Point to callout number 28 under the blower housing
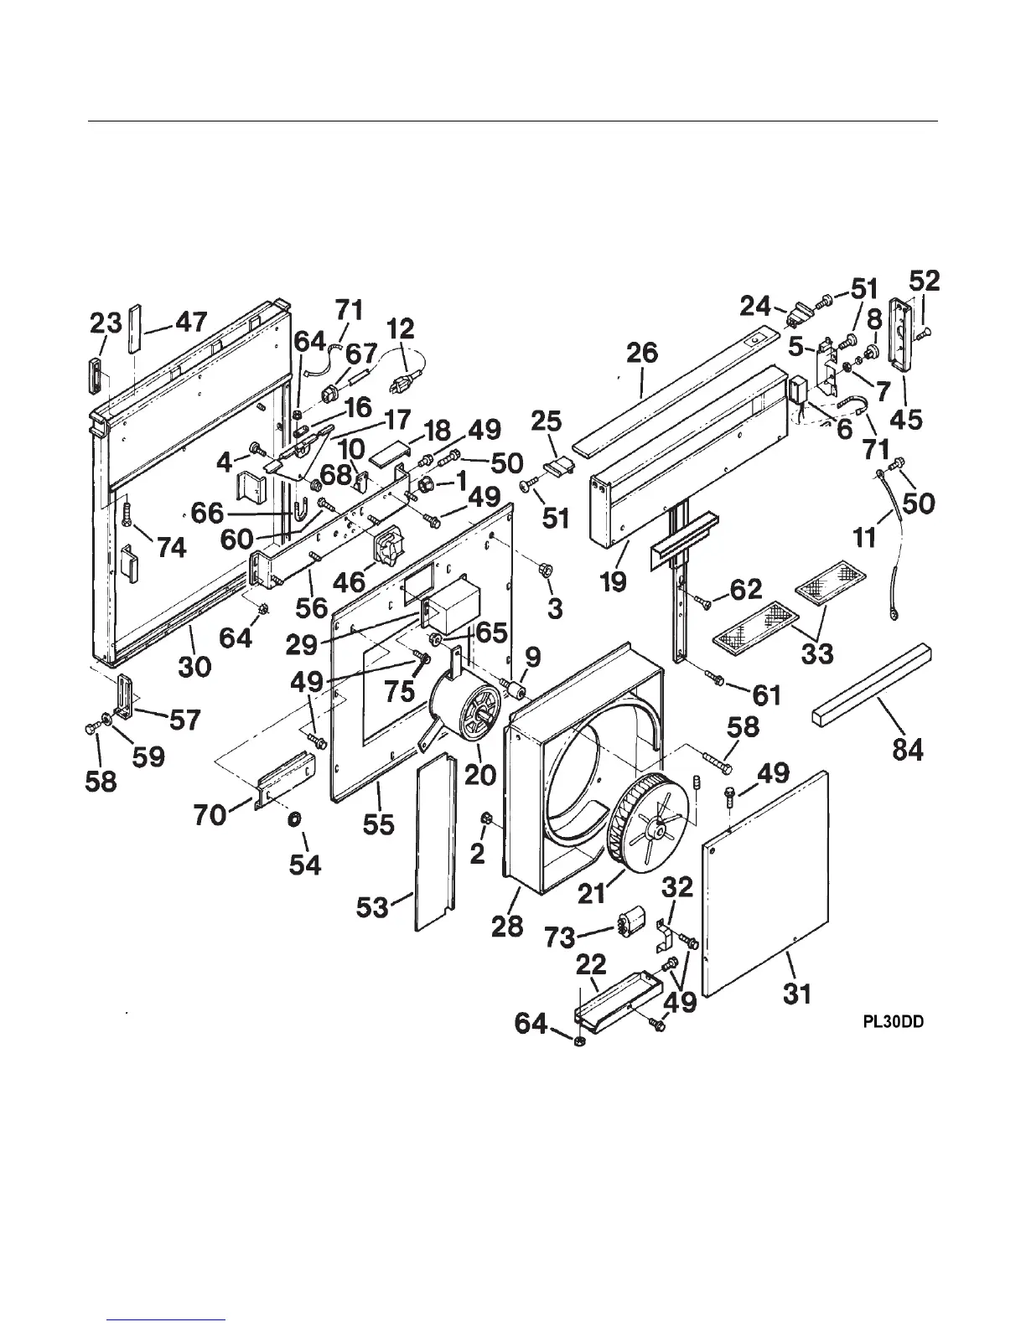508,925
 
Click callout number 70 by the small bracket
210,813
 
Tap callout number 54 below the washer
305,864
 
